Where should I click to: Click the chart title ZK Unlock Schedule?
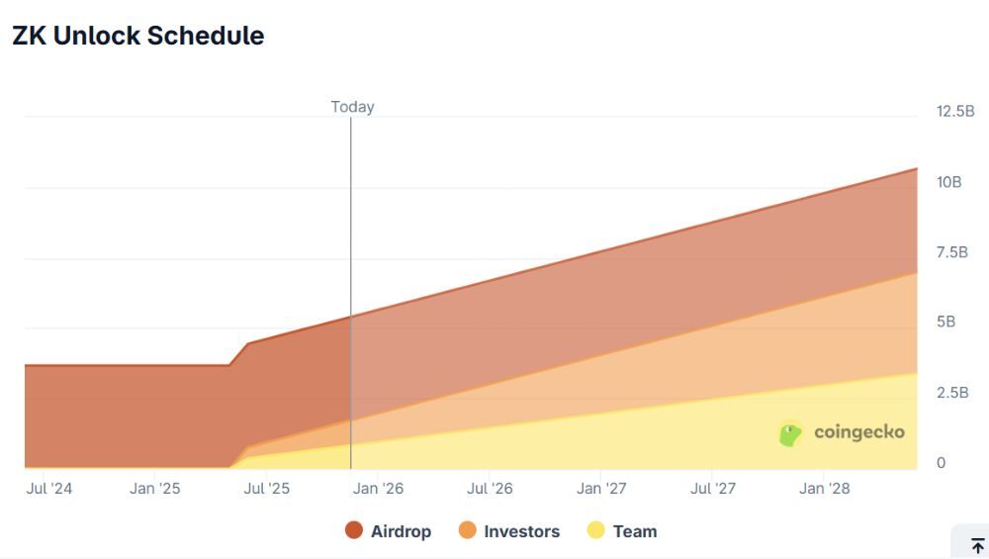(137, 36)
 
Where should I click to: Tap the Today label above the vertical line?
(352, 107)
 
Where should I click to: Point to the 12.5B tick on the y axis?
(955, 111)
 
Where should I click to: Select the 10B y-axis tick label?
(949, 182)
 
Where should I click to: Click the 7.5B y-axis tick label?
(952, 252)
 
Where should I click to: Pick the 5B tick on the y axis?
(946, 322)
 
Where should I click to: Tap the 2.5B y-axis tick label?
(952, 392)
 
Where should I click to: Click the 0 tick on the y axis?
(942, 462)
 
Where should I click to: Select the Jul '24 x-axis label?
(49, 489)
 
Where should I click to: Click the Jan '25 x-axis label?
(155, 489)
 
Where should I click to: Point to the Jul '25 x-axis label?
(267, 489)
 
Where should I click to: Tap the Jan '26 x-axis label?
(379, 489)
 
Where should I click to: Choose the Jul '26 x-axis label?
(491, 489)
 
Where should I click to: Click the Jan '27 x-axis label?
(602, 489)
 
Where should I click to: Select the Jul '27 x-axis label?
(714, 489)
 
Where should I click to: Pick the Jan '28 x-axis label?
(825, 489)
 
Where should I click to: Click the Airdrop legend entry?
(389, 531)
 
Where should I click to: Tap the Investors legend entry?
(510, 531)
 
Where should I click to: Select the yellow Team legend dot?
(596, 530)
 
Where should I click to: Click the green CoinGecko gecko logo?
(789, 434)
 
